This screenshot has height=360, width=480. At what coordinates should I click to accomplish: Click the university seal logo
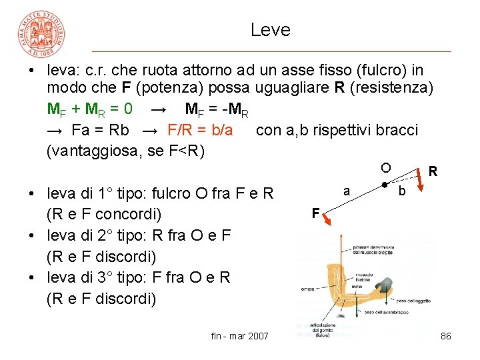41,33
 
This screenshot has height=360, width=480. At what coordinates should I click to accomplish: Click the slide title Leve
271,30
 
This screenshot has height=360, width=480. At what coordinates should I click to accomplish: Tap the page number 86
446,336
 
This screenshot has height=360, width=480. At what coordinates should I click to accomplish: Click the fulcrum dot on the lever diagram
385,185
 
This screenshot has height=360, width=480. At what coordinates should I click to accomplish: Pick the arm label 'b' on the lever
401,192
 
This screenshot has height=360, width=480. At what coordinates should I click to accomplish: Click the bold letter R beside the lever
433,171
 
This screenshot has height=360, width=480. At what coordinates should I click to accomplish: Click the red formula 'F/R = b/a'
200,129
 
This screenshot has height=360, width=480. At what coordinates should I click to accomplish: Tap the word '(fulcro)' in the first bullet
384,70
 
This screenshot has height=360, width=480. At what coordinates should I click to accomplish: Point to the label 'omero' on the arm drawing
307,289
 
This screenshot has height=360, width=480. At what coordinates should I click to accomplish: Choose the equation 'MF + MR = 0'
89,109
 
